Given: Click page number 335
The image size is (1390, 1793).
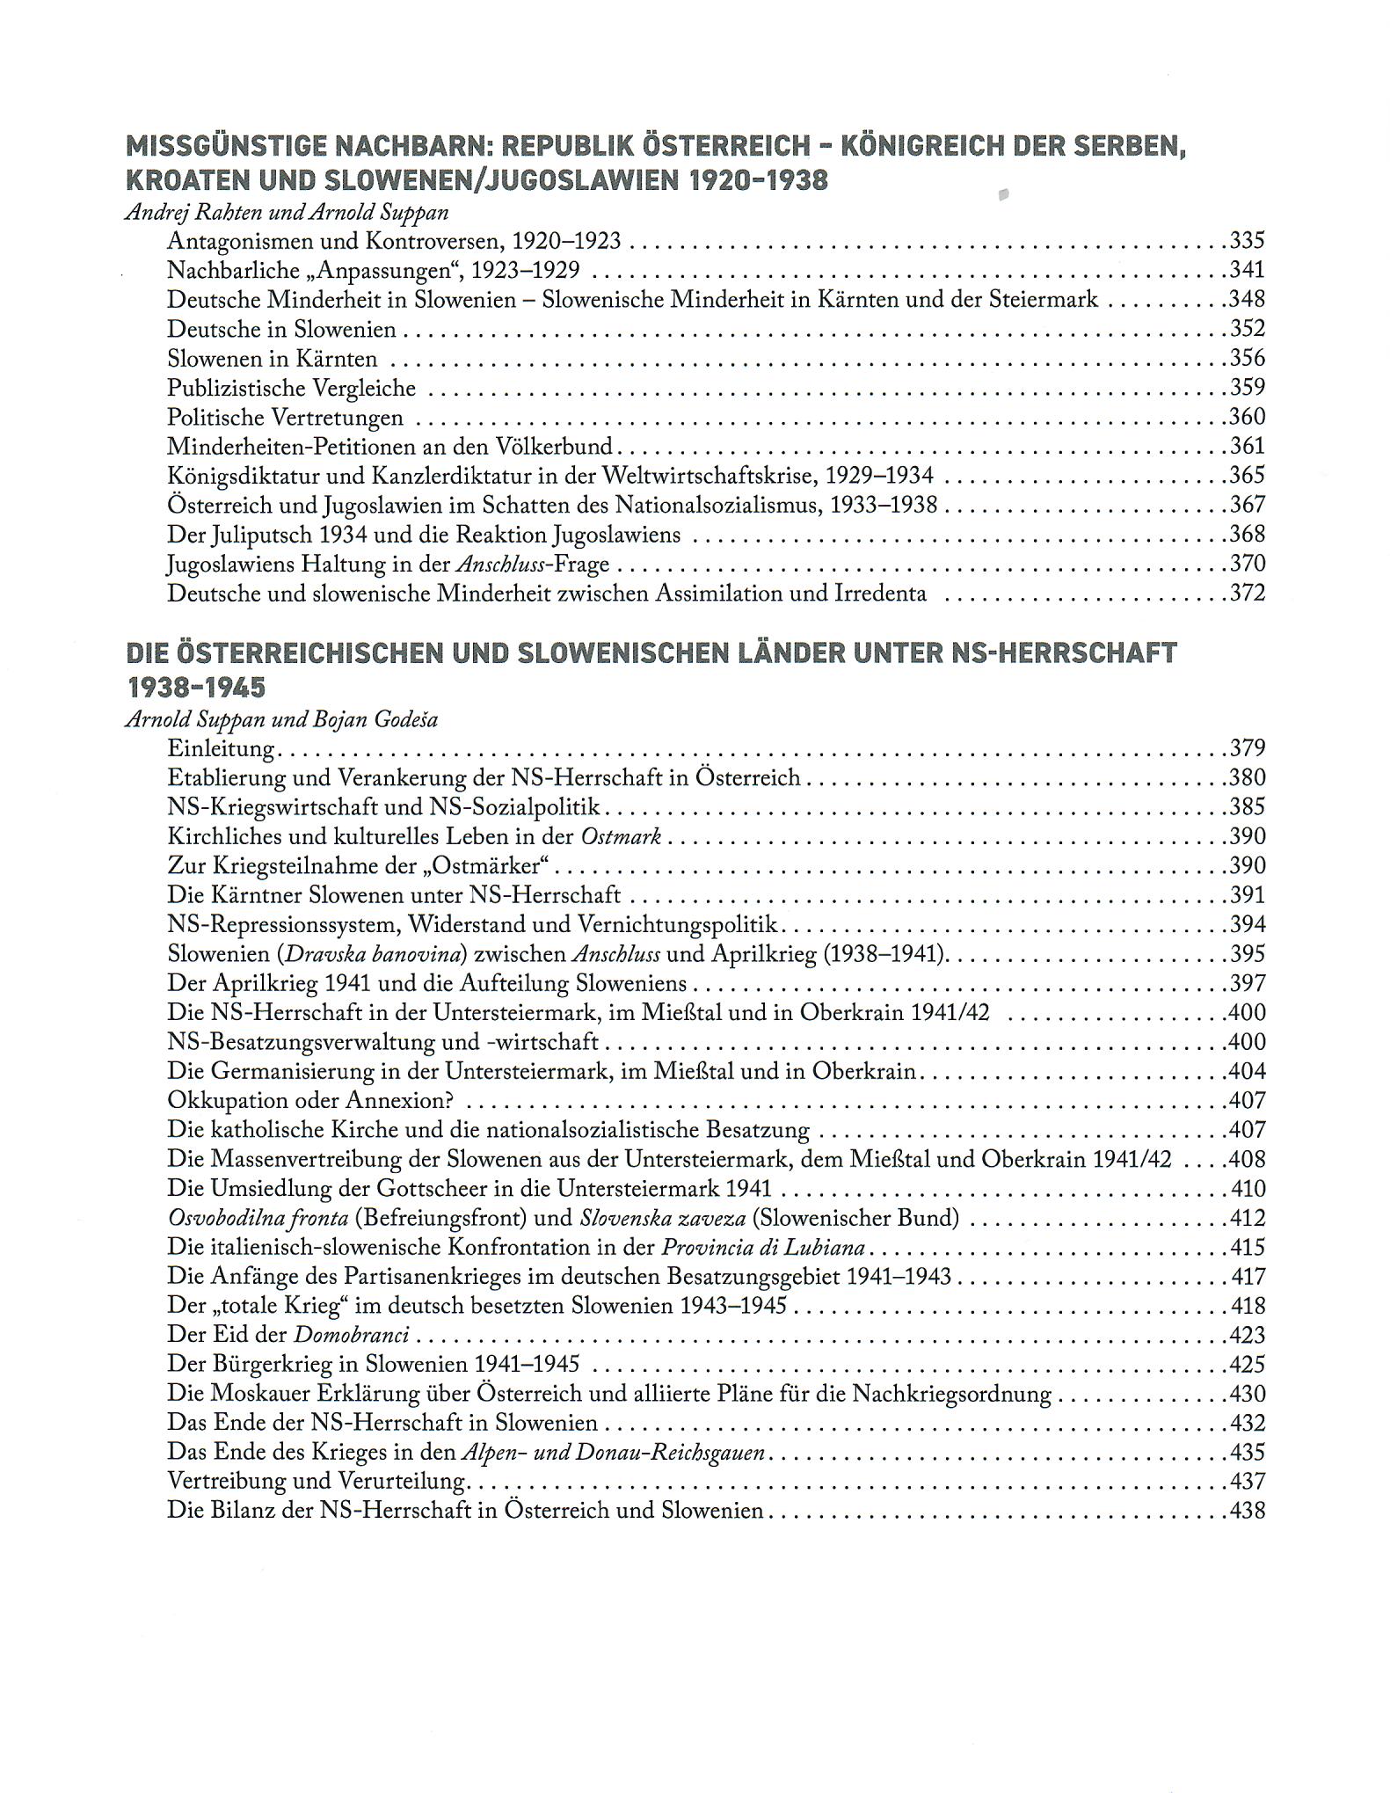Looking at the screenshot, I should click(1247, 240).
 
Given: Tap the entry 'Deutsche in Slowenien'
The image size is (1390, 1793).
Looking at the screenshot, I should click(281, 329).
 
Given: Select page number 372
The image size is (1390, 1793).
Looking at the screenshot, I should click(1247, 593).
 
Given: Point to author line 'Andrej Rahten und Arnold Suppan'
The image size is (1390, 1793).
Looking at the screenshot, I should click(287, 212).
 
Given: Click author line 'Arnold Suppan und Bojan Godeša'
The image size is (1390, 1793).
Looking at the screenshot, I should click(281, 719).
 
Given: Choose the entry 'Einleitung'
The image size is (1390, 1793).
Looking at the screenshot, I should click(222, 748).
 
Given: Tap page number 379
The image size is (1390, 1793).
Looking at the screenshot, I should click(1247, 748).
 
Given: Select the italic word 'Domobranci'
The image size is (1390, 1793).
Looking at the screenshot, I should click(351, 1335).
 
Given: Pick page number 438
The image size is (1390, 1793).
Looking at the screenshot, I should click(1247, 1511).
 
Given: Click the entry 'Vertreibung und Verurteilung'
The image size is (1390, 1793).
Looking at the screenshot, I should click(317, 1481).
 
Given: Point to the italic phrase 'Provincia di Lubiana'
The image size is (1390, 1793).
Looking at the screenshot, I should click(763, 1247).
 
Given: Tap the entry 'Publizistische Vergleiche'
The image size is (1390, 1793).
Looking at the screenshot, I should click(291, 388).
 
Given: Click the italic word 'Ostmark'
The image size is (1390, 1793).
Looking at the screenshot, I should click(621, 836).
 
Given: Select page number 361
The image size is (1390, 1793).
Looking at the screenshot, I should click(1247, 446).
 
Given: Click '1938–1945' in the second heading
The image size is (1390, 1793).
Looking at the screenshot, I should click(185, 687).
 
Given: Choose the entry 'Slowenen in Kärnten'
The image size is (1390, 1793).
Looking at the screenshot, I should click(273, 359).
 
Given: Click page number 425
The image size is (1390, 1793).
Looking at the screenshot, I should click(1247, 1364).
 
